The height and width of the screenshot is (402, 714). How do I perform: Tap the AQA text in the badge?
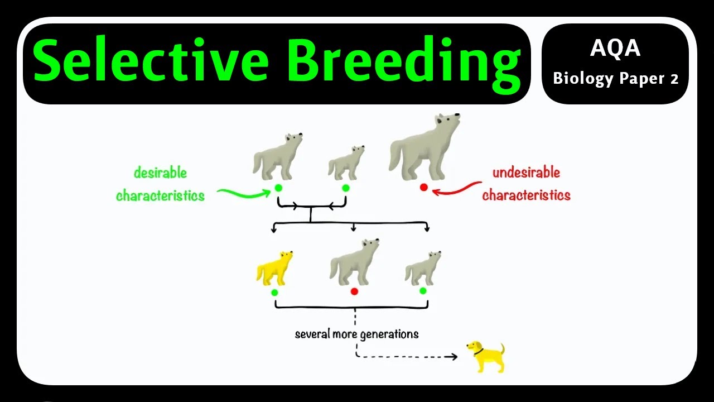(615, 49)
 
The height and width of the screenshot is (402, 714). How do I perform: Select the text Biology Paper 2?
(615, 79)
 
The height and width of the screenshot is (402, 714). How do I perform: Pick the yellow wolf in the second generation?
(274, 269)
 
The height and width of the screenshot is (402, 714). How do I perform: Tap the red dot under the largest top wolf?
(424, 188)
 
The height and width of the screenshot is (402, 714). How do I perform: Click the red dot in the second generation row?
(354, 291)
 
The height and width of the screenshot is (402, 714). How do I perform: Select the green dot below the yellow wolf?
(274, 292)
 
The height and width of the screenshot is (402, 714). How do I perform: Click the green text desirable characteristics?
(160, 184)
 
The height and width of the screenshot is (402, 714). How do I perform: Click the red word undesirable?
(526, 173)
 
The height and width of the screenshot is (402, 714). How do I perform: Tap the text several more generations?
(356, 334)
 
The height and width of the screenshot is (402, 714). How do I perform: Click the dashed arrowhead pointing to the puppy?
(455, 356)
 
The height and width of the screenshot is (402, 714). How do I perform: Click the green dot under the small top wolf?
(345, 188)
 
